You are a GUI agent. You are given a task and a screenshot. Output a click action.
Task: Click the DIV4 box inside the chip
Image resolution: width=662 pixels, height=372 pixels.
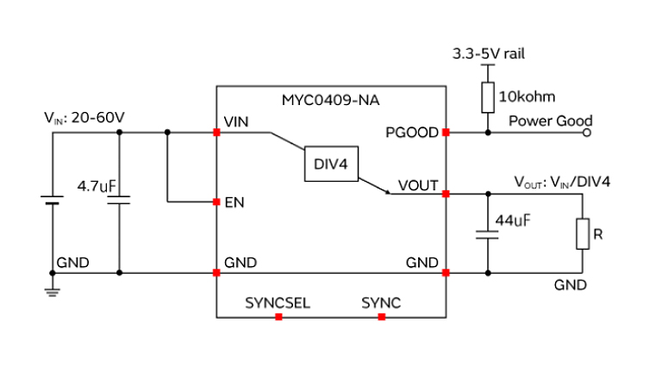[x=331, y=164]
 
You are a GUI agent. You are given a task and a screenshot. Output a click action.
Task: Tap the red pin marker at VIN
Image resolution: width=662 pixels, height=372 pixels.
[x=215, y=133]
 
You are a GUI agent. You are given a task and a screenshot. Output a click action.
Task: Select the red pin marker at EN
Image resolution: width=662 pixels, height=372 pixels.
[x=215, y=203]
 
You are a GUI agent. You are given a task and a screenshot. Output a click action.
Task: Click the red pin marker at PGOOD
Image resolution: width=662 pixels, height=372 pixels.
[x=446, y=133]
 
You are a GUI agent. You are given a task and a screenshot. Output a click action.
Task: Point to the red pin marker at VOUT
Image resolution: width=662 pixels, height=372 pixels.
[x=446, y=194]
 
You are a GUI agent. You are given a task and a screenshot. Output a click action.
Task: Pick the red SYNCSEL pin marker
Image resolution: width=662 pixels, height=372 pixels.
[x=278, y=317]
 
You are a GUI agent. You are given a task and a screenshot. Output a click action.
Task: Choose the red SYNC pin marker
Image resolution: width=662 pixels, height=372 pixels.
[x=381, y=317]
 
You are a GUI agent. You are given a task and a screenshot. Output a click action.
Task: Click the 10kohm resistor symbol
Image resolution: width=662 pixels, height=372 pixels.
[x=488, y=96]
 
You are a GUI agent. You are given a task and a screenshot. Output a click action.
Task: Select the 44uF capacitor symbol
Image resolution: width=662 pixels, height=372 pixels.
[x=488, y=232]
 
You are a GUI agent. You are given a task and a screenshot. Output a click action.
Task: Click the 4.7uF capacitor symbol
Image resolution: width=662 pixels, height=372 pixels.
[x=118, y=201]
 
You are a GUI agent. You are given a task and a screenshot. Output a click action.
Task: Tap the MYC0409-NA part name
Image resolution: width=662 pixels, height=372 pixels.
[x=330, y=100]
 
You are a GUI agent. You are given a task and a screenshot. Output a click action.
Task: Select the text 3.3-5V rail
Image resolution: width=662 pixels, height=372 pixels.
[x=489, y=53]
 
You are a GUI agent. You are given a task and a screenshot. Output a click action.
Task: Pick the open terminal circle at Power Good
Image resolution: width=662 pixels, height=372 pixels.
[x=589, y=133]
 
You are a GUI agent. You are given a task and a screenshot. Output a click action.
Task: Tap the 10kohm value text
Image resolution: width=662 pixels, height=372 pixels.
[x=526, y=96]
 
